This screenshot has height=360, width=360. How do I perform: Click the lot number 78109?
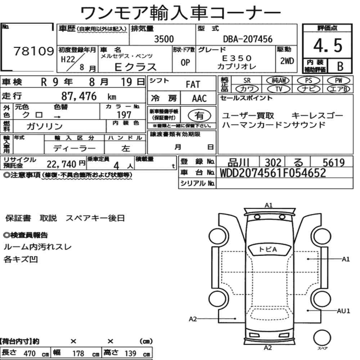click(34, 51)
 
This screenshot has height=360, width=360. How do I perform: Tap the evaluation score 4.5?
click(328, 45)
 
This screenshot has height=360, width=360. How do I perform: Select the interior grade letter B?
click(340, 66)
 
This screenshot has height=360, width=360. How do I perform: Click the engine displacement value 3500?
click(164, 39)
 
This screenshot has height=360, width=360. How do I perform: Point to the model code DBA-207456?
click(248, 39)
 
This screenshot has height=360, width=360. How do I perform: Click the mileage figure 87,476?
click(79, 96)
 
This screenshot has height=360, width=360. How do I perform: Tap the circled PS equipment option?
click(309, 81)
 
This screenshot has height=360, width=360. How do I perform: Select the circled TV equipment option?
click(279, 89)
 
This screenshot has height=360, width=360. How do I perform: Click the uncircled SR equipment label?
click(247, 81)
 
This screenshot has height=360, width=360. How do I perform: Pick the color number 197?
click(124, 115)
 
